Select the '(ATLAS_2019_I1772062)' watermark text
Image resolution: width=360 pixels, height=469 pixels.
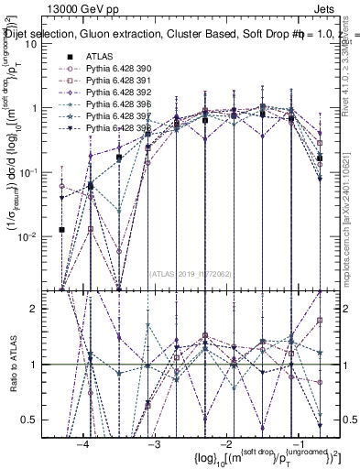pyautogui.click(x=191, y=273)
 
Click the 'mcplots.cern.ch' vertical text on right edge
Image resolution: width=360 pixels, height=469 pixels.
pyautogui.click(x=351, y=238)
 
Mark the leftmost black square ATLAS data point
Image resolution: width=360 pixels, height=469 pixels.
pyautogui.click(x=61, y=230)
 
